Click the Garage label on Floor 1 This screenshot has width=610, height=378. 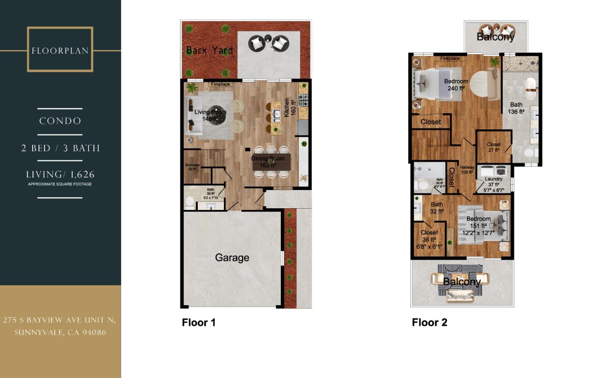[232, 257]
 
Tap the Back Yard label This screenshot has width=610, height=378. [209, 50]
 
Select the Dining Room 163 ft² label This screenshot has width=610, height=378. [268, 162]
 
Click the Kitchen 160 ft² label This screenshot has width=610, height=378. [290, 108]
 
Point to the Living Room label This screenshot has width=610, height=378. [210, 115]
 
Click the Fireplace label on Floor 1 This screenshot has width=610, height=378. [220, 84]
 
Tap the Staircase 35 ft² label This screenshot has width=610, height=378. [192, 167]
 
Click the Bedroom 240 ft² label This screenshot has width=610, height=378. [456, 85]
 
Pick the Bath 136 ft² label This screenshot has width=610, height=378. [516, 108]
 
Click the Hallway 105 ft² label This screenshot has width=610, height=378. [467, 170]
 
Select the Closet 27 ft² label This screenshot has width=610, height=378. [494, 147]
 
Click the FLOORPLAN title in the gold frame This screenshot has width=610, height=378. [60, 51]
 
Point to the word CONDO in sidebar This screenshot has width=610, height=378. [60, 121]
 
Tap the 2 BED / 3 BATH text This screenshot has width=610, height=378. [60, 148]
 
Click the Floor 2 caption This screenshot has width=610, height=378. [429, 323]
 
